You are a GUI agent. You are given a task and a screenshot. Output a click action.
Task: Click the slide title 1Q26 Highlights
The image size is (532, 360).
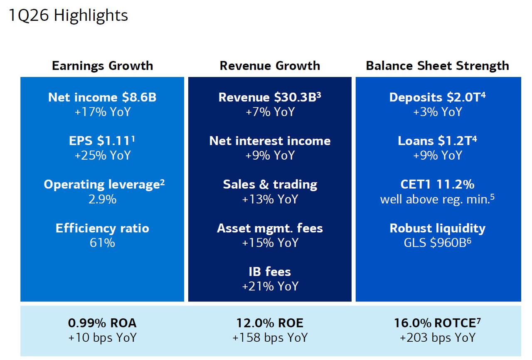point(68,16)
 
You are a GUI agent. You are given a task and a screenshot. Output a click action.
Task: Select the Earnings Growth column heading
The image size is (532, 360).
point(102,66)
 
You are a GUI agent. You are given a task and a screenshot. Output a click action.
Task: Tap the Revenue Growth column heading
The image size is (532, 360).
point(270,66)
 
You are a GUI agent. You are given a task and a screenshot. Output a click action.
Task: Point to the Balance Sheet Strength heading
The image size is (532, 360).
point(437,66)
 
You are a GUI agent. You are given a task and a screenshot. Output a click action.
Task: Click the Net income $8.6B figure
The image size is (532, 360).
point(102,97)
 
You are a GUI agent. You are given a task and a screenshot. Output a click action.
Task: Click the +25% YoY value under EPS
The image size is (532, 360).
point(102,155)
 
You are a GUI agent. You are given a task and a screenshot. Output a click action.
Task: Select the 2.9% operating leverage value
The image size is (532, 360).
point(102,199)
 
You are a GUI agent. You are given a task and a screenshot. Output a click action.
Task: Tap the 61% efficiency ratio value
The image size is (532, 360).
point(102,243)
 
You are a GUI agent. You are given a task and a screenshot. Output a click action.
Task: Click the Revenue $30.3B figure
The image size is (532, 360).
point(269,97)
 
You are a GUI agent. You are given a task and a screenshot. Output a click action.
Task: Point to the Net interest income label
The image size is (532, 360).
point(270,141)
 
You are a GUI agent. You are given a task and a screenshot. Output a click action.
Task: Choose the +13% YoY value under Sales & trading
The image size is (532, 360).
point(270,199)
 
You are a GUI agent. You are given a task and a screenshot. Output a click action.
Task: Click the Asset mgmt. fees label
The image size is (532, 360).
point(270,228)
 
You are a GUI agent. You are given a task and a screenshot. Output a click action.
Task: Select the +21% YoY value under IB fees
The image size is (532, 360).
point(270,286)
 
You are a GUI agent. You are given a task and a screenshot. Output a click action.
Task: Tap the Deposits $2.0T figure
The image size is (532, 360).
point(437,97)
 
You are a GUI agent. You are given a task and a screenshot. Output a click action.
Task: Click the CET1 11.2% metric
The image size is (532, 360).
point(437,185)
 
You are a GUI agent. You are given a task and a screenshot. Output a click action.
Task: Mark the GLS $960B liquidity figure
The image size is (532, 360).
point(437,243)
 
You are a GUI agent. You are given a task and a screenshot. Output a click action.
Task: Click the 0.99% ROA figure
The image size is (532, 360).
point(102,323)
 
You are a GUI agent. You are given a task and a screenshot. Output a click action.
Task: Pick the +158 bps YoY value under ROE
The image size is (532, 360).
point(270,338)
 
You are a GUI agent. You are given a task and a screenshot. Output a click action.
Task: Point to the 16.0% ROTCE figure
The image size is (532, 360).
point(437,323)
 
